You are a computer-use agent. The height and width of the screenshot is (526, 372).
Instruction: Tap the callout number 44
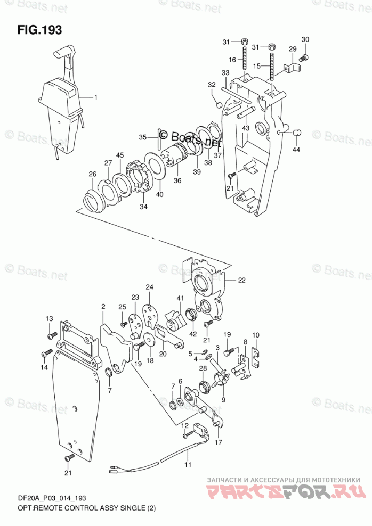[296, 149]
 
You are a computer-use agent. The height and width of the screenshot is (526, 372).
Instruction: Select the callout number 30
[305, 39]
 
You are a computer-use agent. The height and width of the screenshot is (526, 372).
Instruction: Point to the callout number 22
[242, 280]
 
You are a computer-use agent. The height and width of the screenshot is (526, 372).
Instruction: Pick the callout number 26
[92, 174]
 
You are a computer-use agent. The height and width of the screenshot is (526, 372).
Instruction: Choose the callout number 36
[177, 180]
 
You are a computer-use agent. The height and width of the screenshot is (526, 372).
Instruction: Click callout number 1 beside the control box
[96, 97]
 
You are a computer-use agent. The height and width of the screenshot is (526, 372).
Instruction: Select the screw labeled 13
[52, 335]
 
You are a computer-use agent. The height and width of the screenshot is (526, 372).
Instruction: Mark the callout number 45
[120, 155]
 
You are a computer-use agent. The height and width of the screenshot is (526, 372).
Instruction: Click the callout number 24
[150, 287]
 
